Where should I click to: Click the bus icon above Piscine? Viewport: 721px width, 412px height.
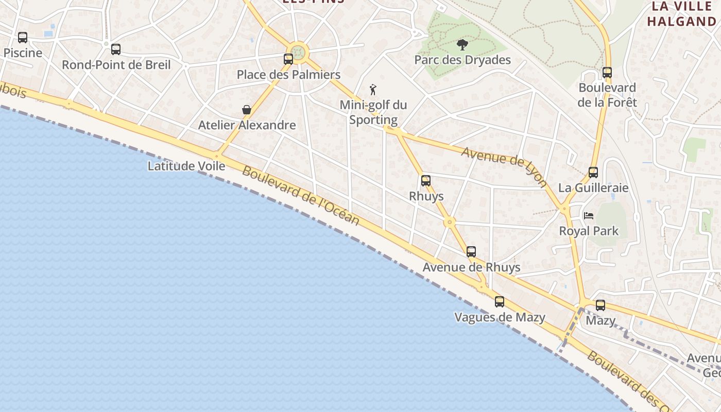point(23,38)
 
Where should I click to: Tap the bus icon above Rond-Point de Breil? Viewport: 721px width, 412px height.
point(116,49)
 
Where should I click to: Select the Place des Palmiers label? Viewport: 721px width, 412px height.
point(288,75)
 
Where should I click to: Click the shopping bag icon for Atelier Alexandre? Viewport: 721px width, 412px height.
point(247,110)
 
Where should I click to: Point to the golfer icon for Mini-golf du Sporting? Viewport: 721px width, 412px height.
point(373,90)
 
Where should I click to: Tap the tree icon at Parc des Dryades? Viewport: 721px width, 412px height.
point(462,45)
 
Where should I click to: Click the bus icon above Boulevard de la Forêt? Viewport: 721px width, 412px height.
point(607,73)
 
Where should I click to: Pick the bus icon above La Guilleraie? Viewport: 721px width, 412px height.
point(593,173)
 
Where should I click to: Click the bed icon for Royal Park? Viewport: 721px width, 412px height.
point(589,215)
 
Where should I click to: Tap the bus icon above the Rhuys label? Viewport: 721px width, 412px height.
point(426,181)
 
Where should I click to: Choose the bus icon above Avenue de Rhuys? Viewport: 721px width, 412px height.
point(471,252)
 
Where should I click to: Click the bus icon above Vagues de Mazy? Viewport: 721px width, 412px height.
point(500,302)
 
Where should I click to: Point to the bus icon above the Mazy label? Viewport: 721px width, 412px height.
point(600,305)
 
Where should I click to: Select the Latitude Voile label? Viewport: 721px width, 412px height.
point(186,166)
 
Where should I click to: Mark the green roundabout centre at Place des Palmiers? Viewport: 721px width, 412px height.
point(298,51)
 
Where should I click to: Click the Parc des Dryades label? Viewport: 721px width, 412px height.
point(462,60)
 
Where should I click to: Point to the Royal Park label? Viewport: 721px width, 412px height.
point(589,231)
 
